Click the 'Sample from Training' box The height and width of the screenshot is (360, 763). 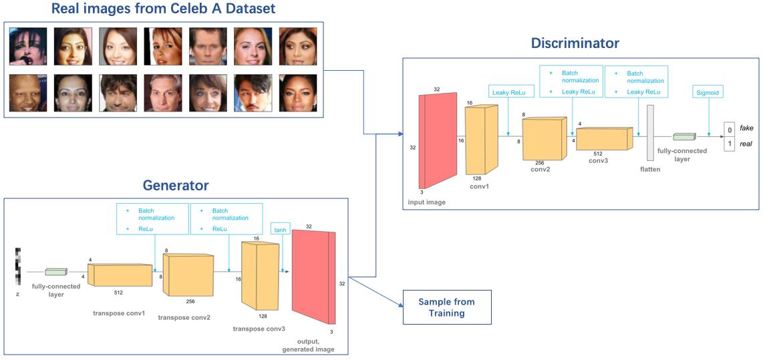point(446,307)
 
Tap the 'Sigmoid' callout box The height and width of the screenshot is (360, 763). point(708,93)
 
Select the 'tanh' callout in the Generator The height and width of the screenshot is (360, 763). point(280,230)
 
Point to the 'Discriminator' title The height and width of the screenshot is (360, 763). point(575,44)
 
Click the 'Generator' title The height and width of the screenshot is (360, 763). point(176,186)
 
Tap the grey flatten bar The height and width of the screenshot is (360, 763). point(650,134)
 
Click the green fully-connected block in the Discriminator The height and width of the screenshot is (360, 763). point(683,138)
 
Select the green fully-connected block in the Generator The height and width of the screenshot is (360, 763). point(56,272)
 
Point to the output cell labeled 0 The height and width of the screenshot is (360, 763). point(729,130)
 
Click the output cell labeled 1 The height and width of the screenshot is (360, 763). point(729,144)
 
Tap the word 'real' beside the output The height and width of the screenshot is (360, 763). point(747,144)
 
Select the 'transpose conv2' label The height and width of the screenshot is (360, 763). point(184,317)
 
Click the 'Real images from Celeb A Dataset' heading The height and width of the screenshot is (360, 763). point(164,9)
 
